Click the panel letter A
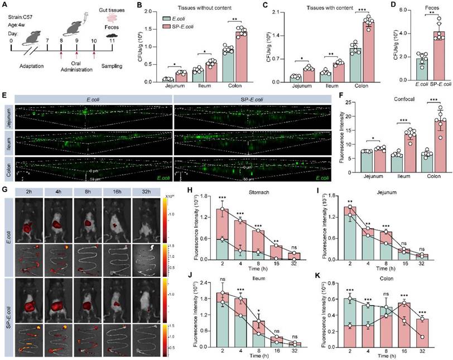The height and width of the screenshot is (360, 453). pos(5,6)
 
